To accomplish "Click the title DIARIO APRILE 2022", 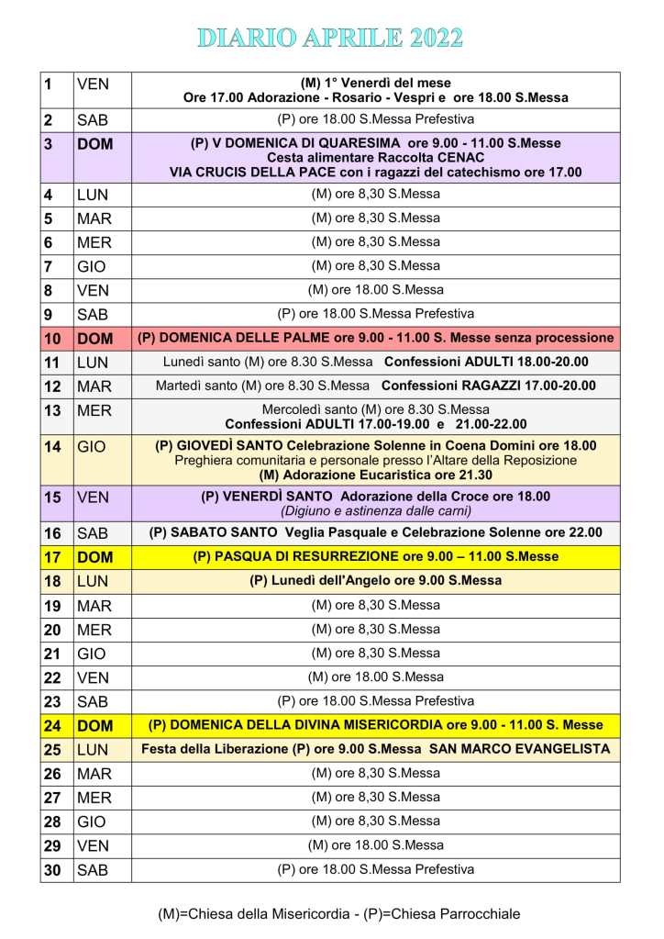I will coord(331,38).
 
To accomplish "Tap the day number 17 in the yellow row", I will coord(52,556).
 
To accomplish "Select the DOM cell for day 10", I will coord(94,338).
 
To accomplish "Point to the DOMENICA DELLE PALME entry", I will coord(375,338).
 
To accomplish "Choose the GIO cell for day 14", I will coord(92,447).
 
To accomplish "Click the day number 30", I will coord(52,869).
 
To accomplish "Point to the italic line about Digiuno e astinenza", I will coord(375,511).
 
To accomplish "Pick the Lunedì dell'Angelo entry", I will coord(375,580).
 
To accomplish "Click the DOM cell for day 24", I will coord(94,725).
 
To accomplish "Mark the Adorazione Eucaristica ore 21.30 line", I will coord(375,475).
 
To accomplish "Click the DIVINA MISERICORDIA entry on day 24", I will coord(375,725).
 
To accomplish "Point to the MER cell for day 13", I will coord(94,409).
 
